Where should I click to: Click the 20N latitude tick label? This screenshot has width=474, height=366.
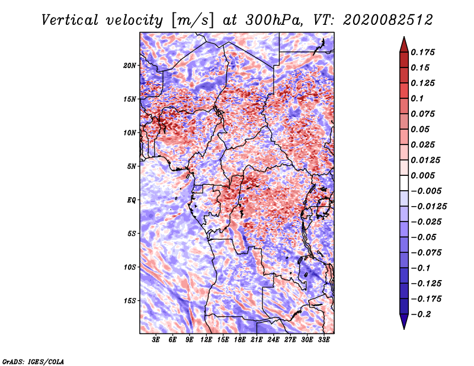click(x=130, y=65)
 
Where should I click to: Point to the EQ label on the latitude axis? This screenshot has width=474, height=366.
click(x=132, y=200)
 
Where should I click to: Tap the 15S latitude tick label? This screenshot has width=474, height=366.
click(x=130, y=300)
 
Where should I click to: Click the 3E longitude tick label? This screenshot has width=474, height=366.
click(x=156, y=341)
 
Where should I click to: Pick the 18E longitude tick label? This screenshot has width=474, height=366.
click(x=240, y=341)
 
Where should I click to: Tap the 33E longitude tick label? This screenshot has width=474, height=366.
click(x=324, y=341)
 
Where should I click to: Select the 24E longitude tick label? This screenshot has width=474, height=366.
click(x=273, y=341)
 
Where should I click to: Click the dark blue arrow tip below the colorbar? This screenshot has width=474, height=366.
click(x=403, y=325)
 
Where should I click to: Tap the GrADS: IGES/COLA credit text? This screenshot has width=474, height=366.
click(x=33, y=361)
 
